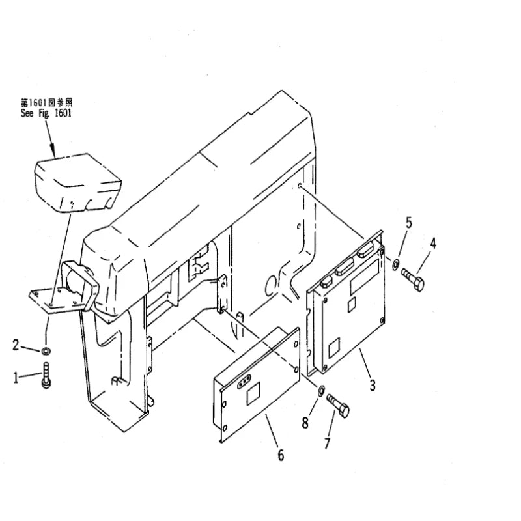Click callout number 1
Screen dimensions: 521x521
16,378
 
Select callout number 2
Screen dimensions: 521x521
16,345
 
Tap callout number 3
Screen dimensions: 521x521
373,386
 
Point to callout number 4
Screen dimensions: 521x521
433,244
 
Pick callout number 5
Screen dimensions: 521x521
409,223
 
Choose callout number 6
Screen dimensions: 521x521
281,455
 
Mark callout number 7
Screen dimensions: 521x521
328,444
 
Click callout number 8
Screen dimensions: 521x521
305,423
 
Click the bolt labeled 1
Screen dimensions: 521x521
46,375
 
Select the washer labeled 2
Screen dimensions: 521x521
46,350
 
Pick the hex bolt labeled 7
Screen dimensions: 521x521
338,406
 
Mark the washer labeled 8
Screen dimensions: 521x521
321,391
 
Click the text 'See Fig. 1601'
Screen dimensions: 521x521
46,113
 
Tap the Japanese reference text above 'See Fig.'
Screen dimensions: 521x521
46,102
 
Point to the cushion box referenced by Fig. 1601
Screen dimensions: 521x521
77,182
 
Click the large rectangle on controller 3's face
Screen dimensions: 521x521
364,277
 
